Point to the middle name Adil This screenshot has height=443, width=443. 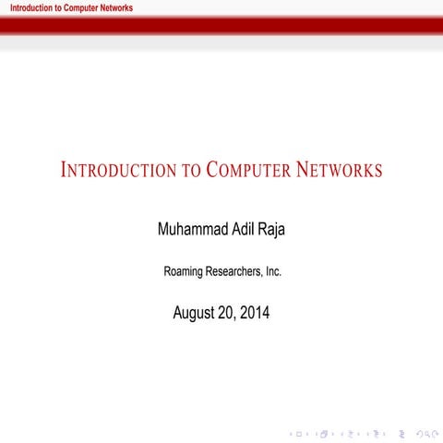247,229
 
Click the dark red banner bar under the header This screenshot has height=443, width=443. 221,25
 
